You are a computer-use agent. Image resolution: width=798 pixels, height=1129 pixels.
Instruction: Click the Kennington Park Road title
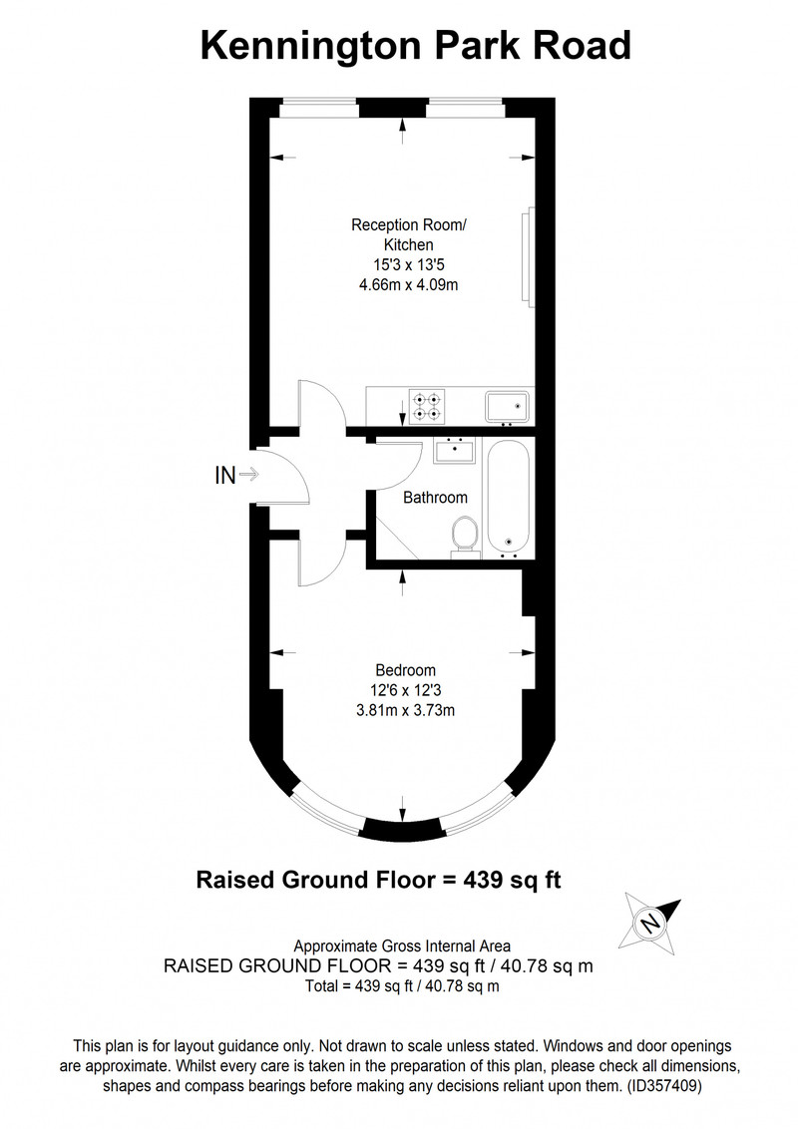[x=416, y=45]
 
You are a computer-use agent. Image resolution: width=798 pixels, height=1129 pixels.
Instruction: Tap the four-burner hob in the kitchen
[x=427, y=405]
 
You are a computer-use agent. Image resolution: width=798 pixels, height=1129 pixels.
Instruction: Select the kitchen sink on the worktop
[x=507, y=406]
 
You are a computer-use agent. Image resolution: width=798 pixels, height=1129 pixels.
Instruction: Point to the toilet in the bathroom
[x=465, y=538]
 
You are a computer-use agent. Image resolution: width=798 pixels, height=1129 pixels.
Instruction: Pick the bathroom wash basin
[x=455, y=451]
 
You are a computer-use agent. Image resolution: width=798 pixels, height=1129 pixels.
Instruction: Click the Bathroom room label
[x=435, y=498]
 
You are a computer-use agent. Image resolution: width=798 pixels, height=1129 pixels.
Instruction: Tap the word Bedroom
[x=405, y=670]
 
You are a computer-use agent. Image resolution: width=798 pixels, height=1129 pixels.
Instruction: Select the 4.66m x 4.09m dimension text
[x=408, y=284]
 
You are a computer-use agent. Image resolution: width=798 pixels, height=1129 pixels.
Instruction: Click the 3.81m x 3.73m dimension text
[x=405, y=711]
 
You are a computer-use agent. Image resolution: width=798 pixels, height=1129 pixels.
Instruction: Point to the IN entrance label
[x=225, y=475]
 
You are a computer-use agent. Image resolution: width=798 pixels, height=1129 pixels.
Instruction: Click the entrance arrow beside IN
[x=249, y=475]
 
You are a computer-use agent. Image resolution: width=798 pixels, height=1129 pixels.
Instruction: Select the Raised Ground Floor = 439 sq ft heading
[x=379, y=880]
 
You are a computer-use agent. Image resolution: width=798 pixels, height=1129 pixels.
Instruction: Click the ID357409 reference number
[x=663, y=1085]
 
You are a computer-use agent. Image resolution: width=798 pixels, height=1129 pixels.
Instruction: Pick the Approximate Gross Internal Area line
[x=402, y=946]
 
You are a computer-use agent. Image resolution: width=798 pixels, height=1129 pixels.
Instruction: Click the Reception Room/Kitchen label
[x=408, y=234]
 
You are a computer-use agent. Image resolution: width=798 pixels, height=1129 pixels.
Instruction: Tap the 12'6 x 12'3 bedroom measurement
[x=405, y=690]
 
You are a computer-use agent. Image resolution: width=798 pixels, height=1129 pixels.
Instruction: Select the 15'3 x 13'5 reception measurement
[x=408, y=265]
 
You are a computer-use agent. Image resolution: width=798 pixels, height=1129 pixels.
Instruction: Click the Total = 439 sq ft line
[x=402, y=986]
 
